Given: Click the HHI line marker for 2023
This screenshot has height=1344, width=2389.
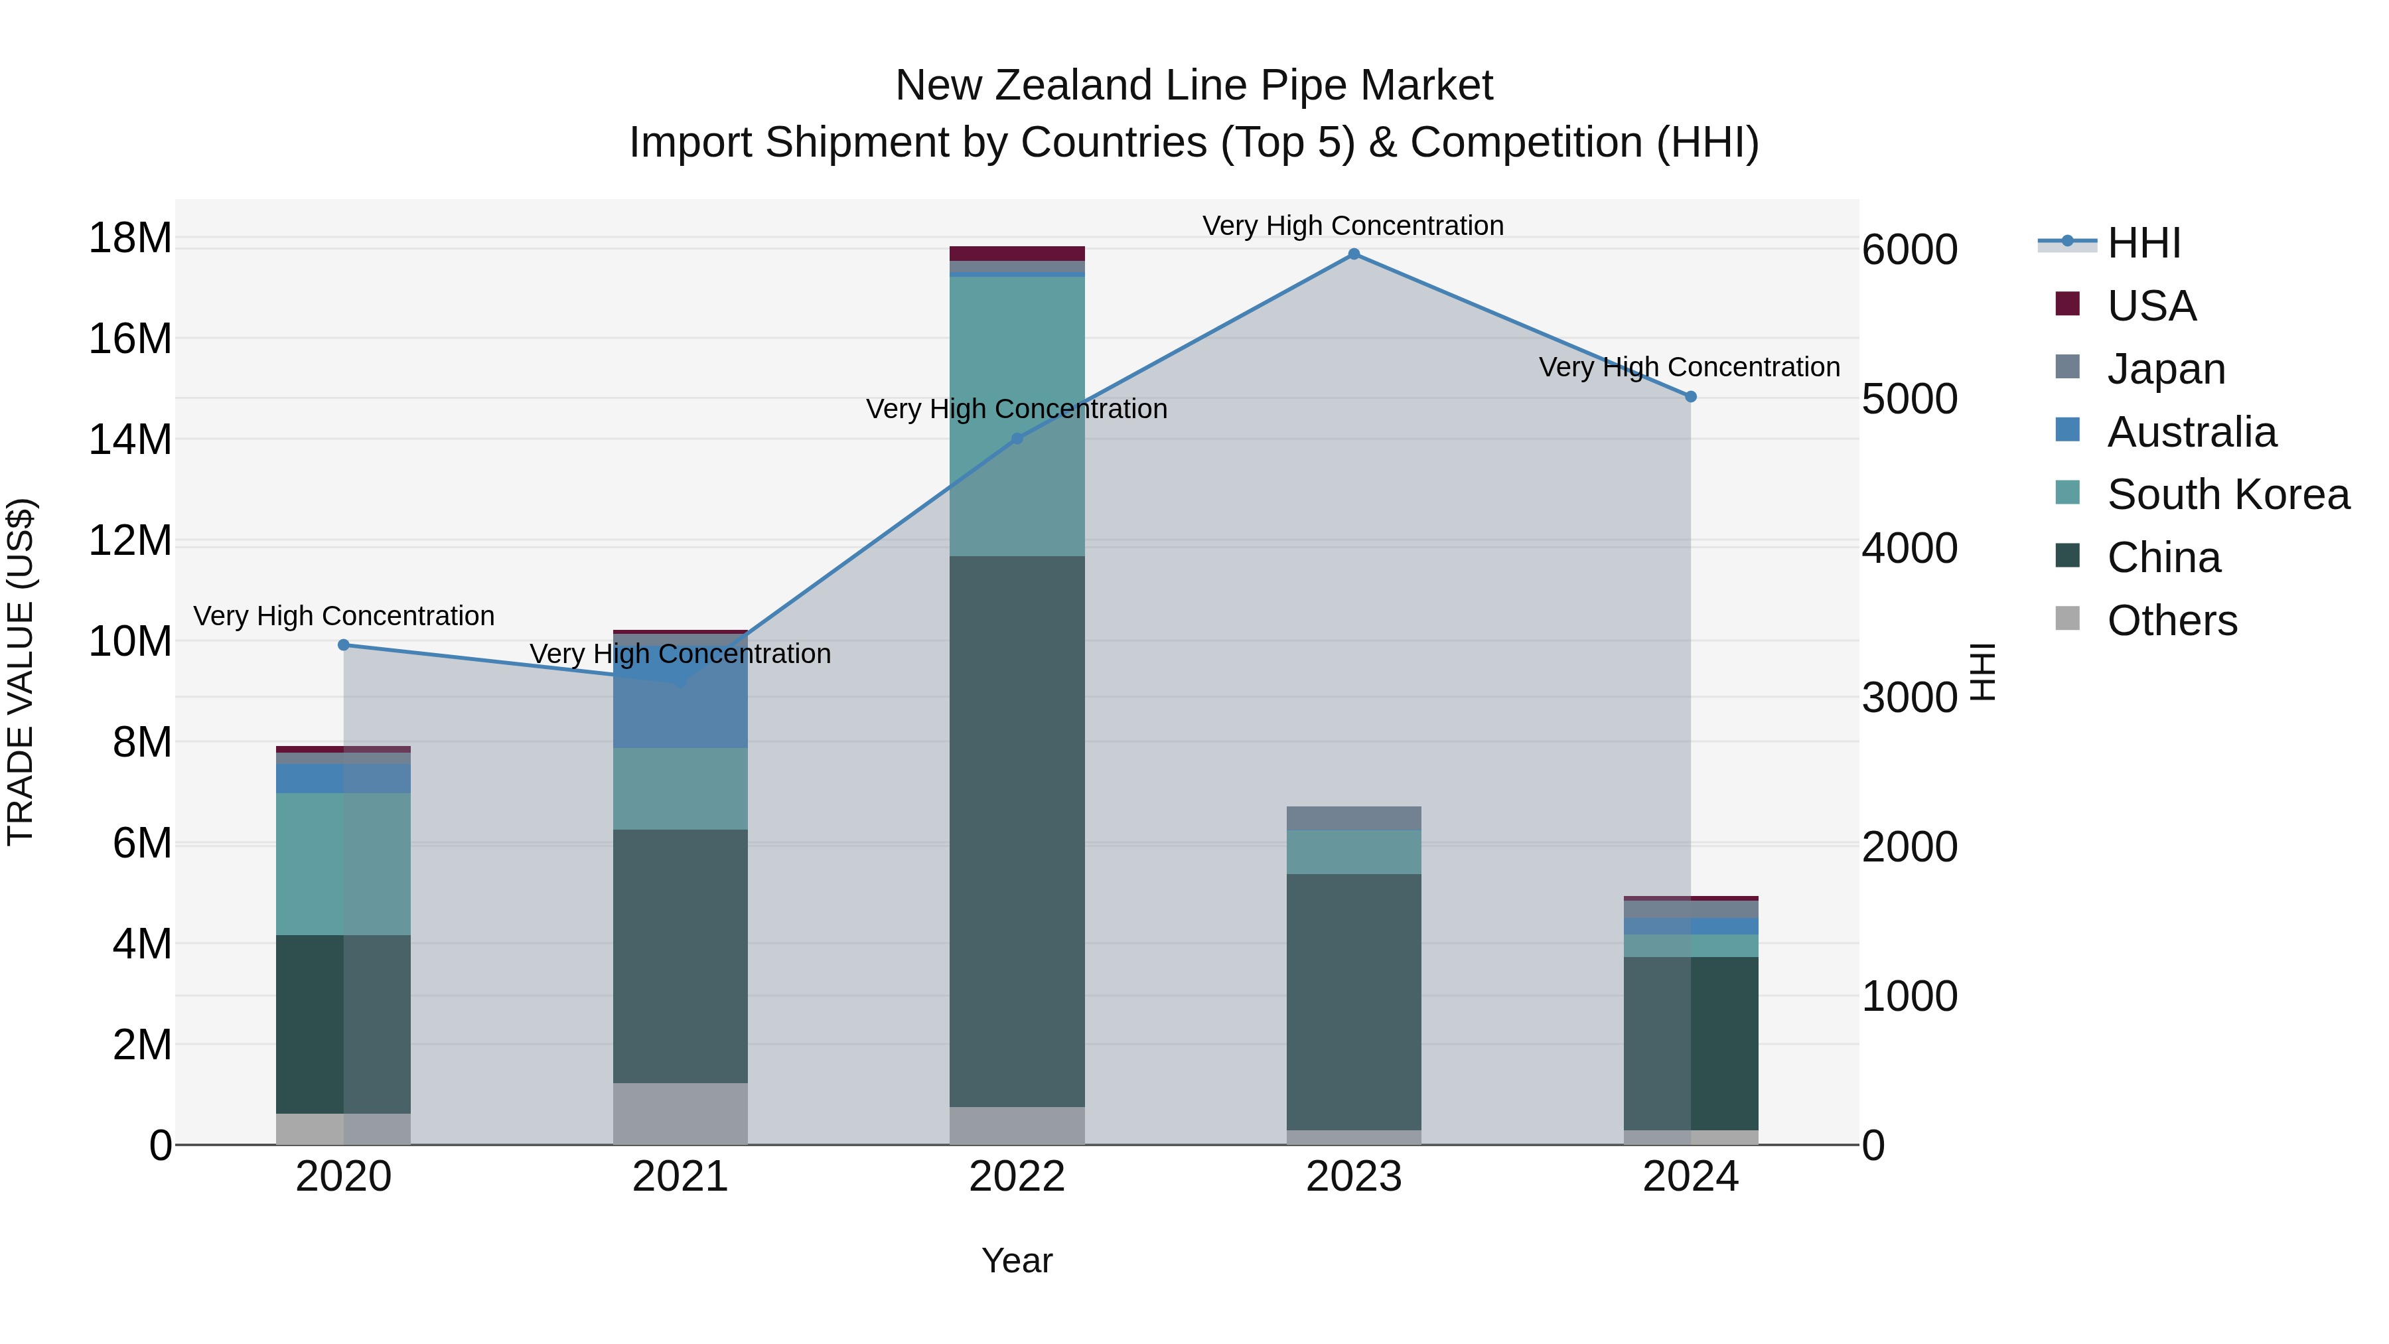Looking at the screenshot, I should pos(1353,254).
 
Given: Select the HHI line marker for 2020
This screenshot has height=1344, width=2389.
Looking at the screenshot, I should pos(344,644).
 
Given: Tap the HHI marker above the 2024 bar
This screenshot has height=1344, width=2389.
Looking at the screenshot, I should pos(1690,397).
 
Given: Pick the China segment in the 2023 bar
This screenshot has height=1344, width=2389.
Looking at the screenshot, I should pos(1353,1002).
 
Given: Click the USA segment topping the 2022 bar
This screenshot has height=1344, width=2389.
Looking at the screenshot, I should pos(1017,254).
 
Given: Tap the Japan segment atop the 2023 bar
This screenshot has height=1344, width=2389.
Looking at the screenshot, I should pos(1353,818).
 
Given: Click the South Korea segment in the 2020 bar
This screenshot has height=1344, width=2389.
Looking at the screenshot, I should pos(344,863).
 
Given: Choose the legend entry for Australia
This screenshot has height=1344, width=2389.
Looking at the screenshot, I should pos(2191,432).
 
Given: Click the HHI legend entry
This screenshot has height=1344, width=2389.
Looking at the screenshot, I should pos(2143,243).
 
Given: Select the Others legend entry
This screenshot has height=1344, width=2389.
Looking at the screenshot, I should pos(2171,621).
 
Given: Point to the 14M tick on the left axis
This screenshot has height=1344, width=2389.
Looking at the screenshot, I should pos(130,439).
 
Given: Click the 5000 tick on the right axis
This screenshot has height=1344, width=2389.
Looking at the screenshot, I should pos(1909,400).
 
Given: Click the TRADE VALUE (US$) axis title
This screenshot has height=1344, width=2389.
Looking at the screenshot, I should pos(21,672).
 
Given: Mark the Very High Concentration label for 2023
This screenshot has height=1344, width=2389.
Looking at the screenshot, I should pos(1353,226).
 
